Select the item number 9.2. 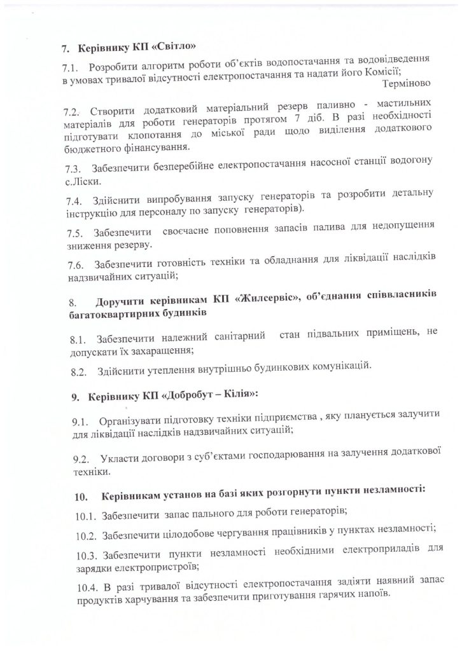pyautogui.click(x=80, y=459)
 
